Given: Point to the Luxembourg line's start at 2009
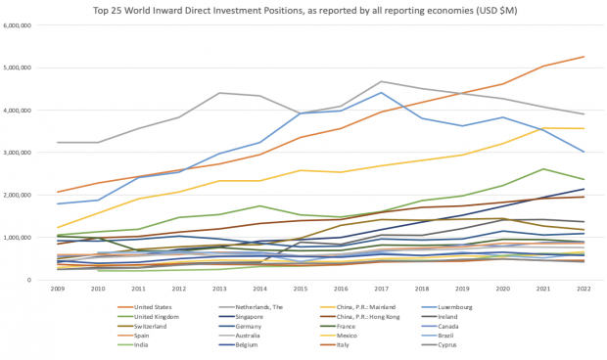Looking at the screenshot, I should point(59,204).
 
